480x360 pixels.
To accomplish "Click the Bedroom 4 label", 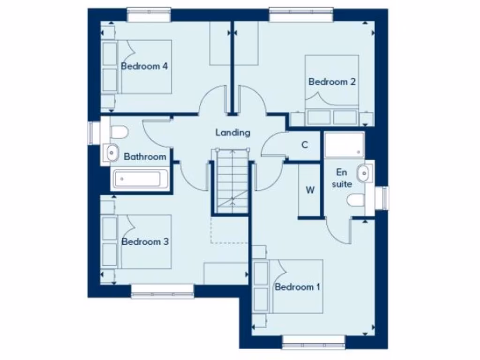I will (x=144, y=66).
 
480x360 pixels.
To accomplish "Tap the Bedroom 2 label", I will (x=332, y=82).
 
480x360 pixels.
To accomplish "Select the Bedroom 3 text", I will (x=145, y=242).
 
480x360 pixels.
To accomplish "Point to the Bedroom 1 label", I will (x=298, y=287).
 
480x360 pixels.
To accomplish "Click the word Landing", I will (x=233, y=133).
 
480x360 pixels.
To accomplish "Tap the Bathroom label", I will (x=145, y=157).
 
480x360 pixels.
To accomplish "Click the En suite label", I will (x=342, y=178).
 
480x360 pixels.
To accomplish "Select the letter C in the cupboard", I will (x=304, y=145).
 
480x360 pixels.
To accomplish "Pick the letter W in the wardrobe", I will (x=310, y=190).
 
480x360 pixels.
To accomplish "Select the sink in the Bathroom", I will (x=112, y=151).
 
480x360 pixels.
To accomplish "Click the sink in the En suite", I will (x=363, y=173).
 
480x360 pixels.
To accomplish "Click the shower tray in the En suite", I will (x=344, y=145).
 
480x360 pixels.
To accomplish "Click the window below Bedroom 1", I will (x=314, y=342).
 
